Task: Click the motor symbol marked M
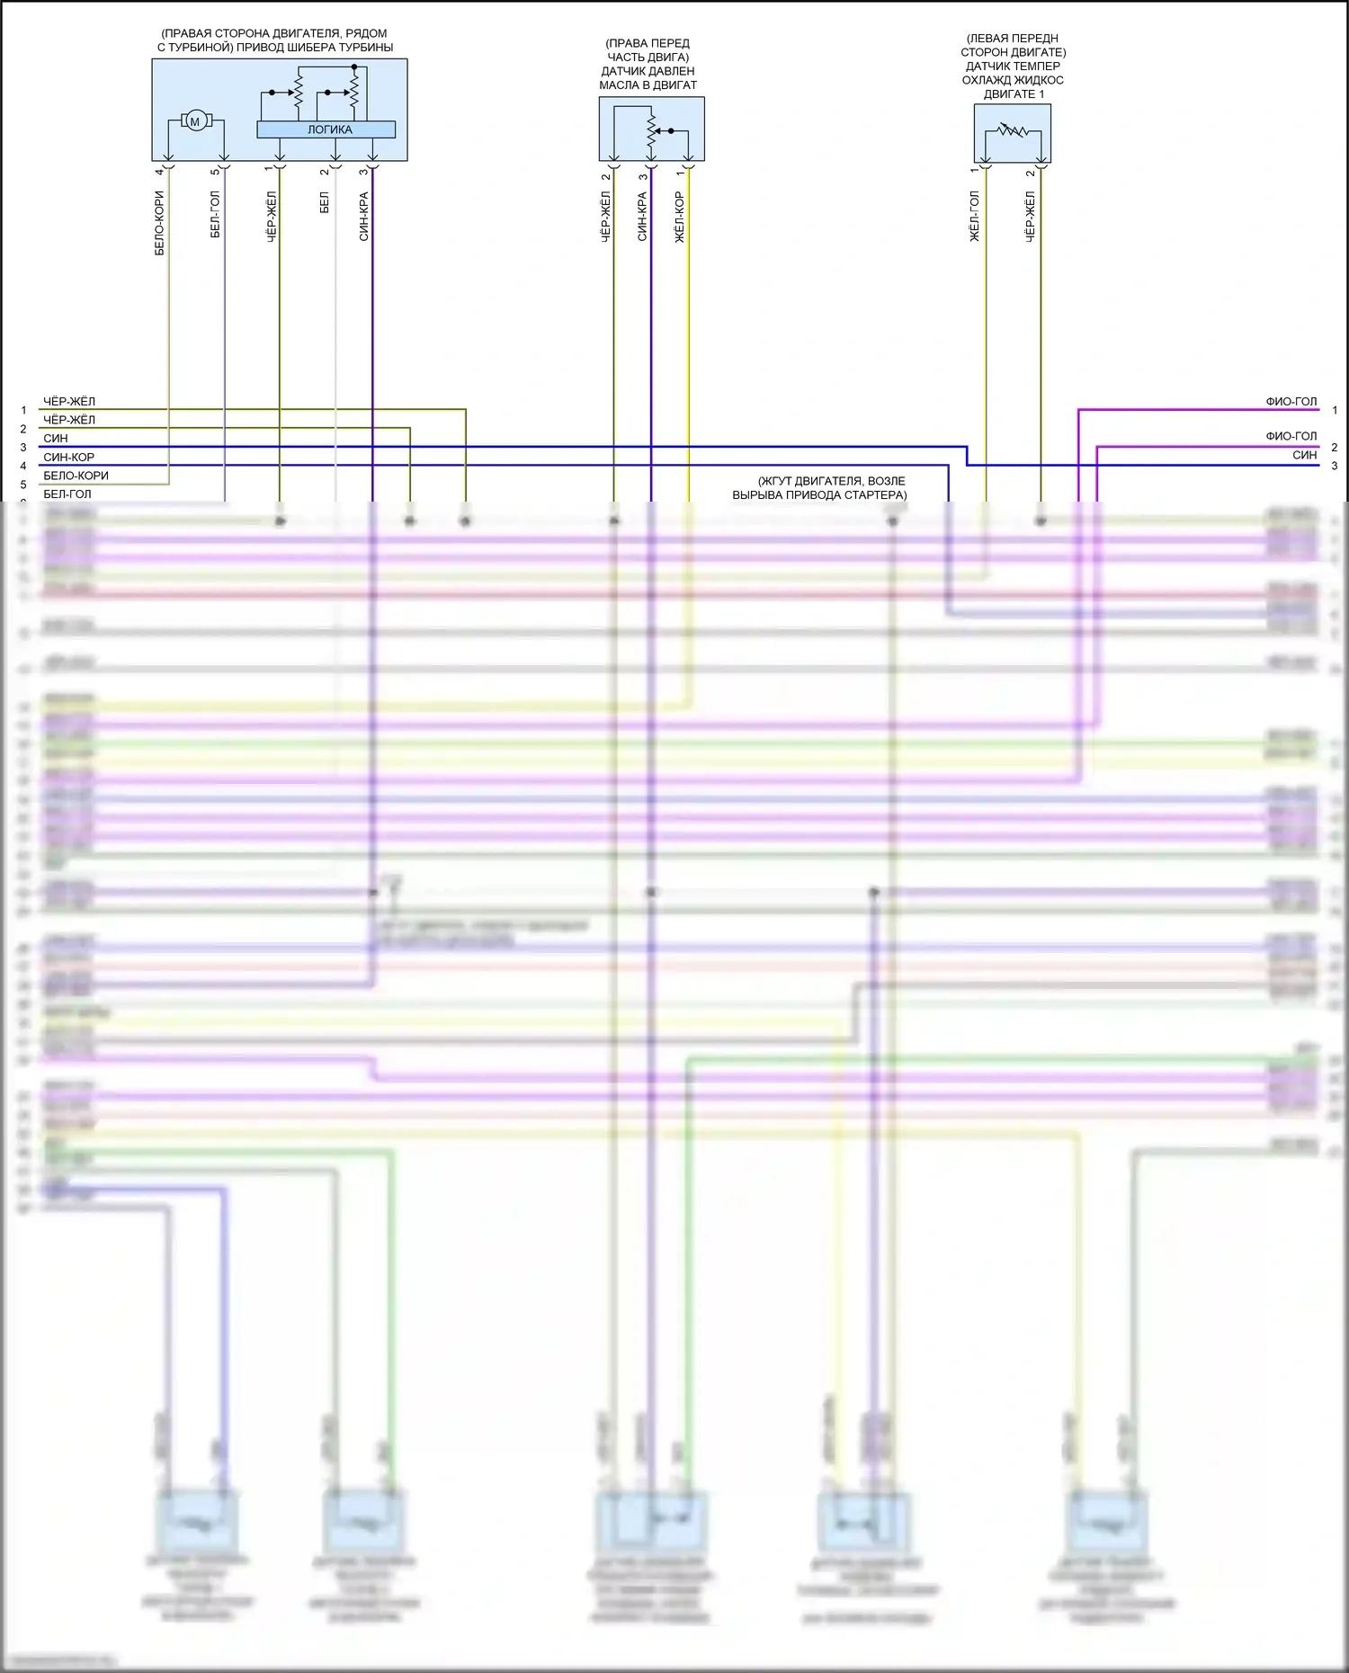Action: coord(194,120)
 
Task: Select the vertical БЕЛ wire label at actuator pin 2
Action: coord(325,202)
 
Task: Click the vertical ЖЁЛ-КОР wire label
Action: coord(679,217)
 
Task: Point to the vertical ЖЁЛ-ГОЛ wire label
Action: coord(974,217)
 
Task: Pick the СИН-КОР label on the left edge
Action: coord(68,457)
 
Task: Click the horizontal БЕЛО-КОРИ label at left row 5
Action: coord(76,476)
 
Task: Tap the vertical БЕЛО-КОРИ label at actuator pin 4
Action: coord(159,223)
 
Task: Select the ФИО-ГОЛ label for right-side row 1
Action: coord(1291,402)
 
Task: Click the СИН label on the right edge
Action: coord(1304,455)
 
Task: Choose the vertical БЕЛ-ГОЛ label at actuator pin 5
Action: coord(215,215)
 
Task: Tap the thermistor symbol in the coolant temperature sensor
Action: coord(1013,131)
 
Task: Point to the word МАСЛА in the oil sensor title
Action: coord(619,85)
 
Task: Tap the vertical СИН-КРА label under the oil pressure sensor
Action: coord(642,217)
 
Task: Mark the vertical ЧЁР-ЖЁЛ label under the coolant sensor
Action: coord(1030,217)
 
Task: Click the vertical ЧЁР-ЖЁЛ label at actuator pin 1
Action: coord(271,217)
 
